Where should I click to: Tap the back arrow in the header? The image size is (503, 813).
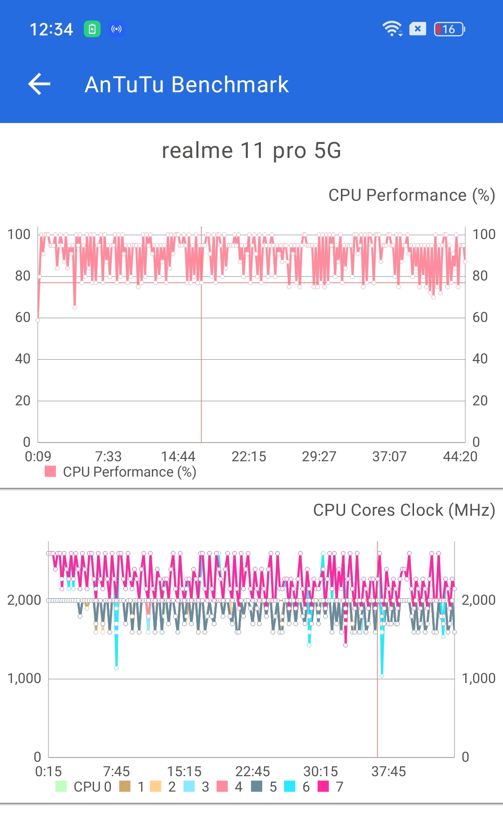[x=40, y=84]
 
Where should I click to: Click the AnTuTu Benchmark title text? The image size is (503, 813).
[x=186, y=85]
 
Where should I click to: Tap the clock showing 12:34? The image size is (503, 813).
[x=51, y=29]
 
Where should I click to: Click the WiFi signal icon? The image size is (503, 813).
[x=392, y=29]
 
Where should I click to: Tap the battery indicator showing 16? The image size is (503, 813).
[x=449, y=29]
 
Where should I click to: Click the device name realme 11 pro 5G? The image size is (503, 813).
[x=251, y=150]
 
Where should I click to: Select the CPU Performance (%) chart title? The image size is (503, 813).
[x=411, y=195]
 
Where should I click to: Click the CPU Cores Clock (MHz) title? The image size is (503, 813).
[x=404, y=510]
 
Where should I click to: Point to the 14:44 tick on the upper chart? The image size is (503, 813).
[x=178, y=457]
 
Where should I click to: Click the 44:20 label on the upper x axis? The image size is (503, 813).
[x=460, y=457]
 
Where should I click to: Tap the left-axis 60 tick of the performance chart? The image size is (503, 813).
[x=23, y=318]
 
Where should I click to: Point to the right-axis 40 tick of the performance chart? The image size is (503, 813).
[x=480, y=359]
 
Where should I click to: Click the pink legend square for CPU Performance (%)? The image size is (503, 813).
[x=50, y=471]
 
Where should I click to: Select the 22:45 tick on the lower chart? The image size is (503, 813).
[x=252, y=772]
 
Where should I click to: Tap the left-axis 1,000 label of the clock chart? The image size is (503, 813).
[x=24, y=678]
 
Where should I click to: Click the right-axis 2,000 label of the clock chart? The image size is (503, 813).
[x=478, y=600]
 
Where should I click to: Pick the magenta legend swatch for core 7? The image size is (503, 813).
[x=323, y=786]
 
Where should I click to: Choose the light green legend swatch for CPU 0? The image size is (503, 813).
[x=61, y=786]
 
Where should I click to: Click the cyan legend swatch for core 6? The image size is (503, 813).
[x=290, y=786]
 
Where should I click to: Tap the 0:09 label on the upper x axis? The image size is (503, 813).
[x=38, y=457]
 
